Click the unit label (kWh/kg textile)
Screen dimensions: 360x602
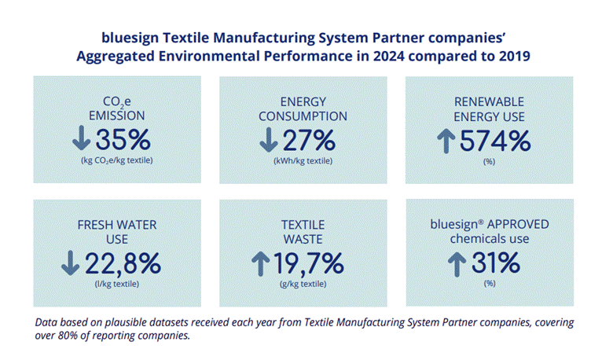[x=303, y=161]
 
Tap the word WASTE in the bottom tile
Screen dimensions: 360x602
[x=303, y=238]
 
